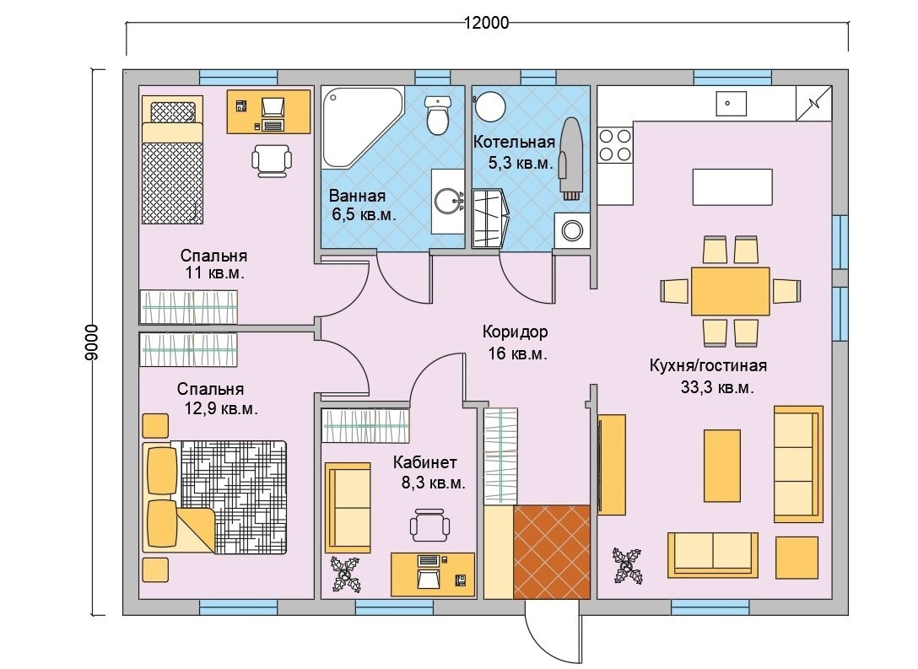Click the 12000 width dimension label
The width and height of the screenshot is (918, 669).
tap(487, 23)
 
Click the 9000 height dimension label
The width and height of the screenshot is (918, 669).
tap(93, 342)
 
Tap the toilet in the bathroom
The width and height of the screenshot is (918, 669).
tap(437, 115)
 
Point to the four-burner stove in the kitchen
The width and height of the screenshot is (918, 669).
tap(615, 144)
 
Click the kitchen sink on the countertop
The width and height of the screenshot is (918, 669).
tap(732, 104)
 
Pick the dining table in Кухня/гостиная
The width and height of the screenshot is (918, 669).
tap(730, 291)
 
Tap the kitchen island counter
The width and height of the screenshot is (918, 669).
tap(732, 186)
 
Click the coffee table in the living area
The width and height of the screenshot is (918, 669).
tap(722, 466)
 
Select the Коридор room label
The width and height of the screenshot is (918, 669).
tap(516, 332)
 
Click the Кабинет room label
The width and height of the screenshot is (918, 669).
tap(424, 462)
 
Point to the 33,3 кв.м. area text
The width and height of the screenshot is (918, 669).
tap(716, 387)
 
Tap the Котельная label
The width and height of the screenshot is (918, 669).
tap(514, 142)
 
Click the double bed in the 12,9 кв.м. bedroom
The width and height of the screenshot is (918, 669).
tap(215, 497)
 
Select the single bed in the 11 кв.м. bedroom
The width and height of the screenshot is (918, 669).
tap(173, 159)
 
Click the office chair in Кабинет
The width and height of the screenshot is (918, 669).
tap(430, 525)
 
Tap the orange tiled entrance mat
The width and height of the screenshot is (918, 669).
tap(552, 552)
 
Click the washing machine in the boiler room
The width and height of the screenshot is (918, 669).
tap(572, 230)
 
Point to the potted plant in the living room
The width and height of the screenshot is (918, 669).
tap(627, 565)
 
